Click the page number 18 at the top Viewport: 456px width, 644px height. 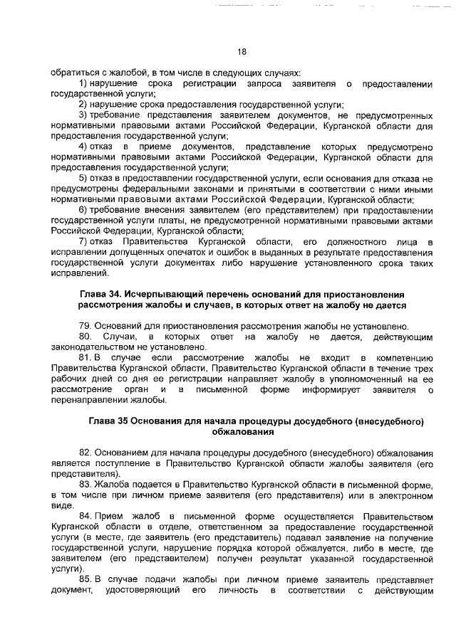click(x=242, y=51)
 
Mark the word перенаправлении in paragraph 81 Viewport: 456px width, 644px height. click(x=83, y=400)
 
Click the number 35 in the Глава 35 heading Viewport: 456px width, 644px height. click(x=125, y=421)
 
